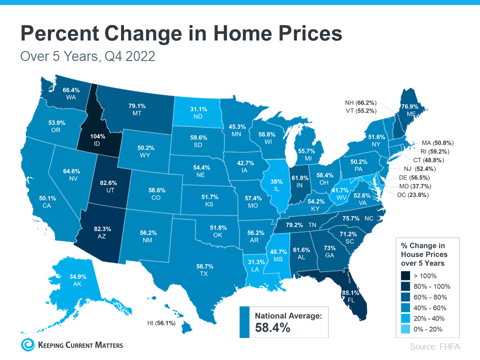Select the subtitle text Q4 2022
[x=129, y=56]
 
